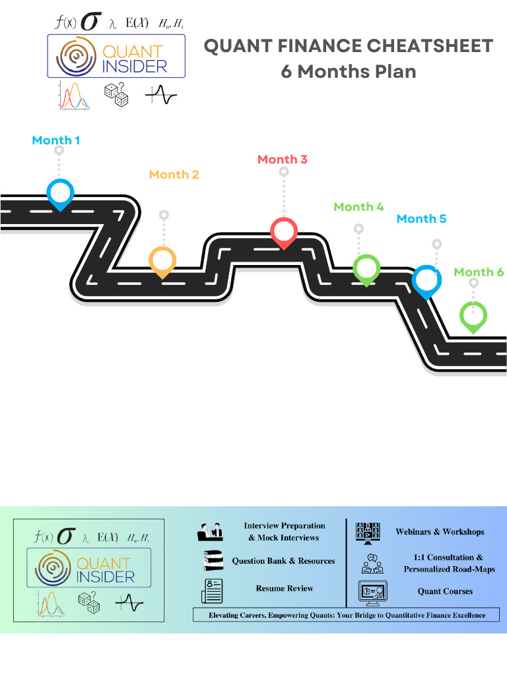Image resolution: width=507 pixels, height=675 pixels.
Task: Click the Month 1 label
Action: (56, 140)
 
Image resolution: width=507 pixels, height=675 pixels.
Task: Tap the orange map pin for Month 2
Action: (162, 261)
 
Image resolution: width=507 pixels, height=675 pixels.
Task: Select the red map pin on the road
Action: (284, 231)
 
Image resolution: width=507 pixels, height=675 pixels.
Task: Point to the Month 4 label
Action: (358, 207)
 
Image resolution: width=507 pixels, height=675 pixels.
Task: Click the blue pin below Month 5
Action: (426, 279)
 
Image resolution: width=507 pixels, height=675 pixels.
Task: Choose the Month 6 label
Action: (479, 272)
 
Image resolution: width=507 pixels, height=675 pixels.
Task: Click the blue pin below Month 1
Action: (60, 192)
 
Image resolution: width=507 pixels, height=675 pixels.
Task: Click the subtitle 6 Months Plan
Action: (348, 71)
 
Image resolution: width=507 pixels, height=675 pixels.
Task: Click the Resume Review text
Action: (285, 588)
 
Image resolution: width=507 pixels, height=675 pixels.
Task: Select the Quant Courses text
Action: (445, 591)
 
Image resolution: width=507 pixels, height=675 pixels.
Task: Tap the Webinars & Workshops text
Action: (440, 532)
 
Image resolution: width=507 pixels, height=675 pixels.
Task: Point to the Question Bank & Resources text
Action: (283, 561)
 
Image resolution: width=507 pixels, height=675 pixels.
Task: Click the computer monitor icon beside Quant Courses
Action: (371, 591)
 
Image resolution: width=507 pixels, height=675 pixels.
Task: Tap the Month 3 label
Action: (283, 160)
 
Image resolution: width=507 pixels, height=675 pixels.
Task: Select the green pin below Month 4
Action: (366, 269)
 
